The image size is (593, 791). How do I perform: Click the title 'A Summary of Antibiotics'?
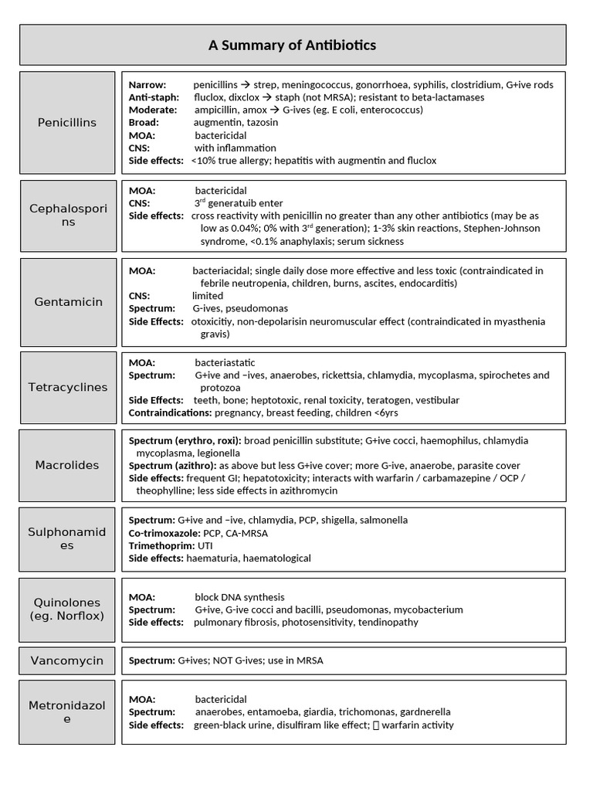[293, 45]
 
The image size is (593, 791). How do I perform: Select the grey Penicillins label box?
[67, 123]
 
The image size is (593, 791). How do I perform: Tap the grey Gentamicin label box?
[68, 302]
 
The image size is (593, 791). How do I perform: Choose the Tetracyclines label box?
[68, 387]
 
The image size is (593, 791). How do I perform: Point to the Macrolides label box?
[67, 465]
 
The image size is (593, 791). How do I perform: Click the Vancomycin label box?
[67, 660]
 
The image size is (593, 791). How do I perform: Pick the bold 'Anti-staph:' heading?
[154, 97]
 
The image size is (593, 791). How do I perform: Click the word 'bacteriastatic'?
[225, 362]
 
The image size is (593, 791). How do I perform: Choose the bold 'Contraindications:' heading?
[170, 413]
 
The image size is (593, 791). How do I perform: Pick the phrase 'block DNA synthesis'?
[239, 597]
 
